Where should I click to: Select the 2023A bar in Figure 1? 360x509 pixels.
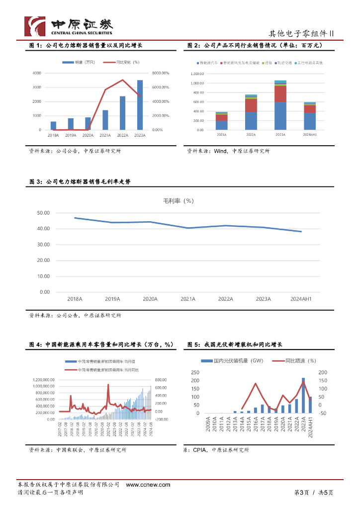pyautogui.click(x=140, y=105)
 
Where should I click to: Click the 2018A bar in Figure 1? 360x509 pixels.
pyautogui.click(x=53, y=125)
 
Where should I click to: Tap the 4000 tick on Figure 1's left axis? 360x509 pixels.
pyautogui.click(x=37, y=73)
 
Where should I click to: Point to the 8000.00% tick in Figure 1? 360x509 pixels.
pyautogui.click(x=161, y=73)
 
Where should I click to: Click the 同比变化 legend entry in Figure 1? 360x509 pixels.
pyautogui.click(x=121, y=62)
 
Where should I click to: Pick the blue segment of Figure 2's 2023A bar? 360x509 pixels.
pyautogui.click(x=280, y=116)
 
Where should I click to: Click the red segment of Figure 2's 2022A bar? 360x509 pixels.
pyautogui.click(x=251, y=105)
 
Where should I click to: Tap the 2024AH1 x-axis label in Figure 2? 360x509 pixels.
pyautogui.click(x=310, y=135)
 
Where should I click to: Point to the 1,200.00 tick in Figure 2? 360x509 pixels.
pyautogui.click(x=197, y=74)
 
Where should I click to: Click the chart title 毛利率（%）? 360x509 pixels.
pyautogui.click(x=179, y=201)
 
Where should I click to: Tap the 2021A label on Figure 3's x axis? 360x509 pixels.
pyautogui.click(x=188, y=299)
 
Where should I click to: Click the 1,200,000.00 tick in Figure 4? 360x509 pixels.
pyautogui.click(x=43, y=379)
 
